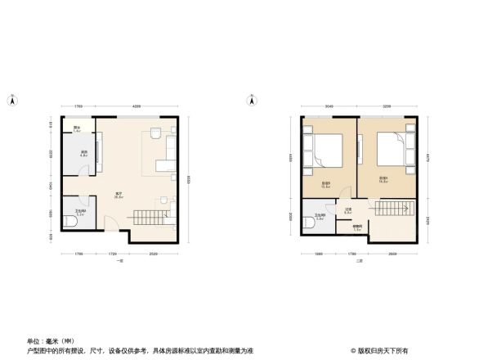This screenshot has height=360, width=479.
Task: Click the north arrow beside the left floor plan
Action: pyautogui.click(x=12, y=101)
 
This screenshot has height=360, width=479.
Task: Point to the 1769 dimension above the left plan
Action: pyautogui.click(x=78, y=107)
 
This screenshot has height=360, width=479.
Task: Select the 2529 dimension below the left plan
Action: pyautogui.click(x=154, y=254)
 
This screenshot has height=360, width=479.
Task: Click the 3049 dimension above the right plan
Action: pyautogui.click(x=328, y=107)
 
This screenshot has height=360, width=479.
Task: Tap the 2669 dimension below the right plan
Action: pyautogui.click(x=393, y=254)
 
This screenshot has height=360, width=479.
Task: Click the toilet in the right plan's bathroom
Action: pyautogui.click(x=307, y=218)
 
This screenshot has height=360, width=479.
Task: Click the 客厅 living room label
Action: pyautogui.click(x=119, y=195)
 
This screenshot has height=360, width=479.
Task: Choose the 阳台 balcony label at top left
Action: pyautogui.click(x=77, y=128)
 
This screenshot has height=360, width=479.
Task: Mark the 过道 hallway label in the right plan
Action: pyautogui.click(x=347, y=209)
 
